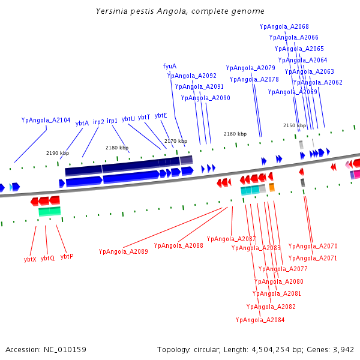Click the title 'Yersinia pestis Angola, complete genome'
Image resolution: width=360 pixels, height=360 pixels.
pyautogui.click(x=180, y=11)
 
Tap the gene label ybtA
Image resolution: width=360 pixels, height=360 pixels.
pyautogui.click(x=82, y=123)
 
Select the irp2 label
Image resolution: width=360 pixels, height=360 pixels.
pyautogui.click(x=98, y=122)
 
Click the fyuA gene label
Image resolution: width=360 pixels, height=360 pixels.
pyautogui.click(x=170, y=67)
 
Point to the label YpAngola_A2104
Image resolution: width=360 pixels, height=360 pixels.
pyautogui.click(x=46, y=120)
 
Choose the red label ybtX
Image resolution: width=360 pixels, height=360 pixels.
pyautogui.click(x=30, y=259)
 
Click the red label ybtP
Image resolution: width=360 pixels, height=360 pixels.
pyautogui.click(x=67, y=256)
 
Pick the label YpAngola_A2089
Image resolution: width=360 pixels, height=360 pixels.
pyautogui.click(x=124, y=251)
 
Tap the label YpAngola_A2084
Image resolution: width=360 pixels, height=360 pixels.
pyautogui.click(x=260, y=320)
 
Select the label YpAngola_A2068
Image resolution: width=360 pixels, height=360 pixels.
pyautogui.click(x=284, y=27)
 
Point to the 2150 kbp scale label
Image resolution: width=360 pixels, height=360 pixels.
pyautogui.click(x=295, y=126)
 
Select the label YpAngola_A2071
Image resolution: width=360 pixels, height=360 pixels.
pyautogui.click(x=313, y=258)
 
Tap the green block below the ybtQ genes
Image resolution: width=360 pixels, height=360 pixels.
pyautogui.click(x=50, y=211)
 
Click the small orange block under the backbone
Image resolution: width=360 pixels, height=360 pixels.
pyautogui.click(x=272, y=188)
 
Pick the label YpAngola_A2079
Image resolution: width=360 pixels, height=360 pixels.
pyautogui.click(x=250, y=68)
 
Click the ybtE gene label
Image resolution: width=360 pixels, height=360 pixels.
pyautogui.click(x=161, y=115)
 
